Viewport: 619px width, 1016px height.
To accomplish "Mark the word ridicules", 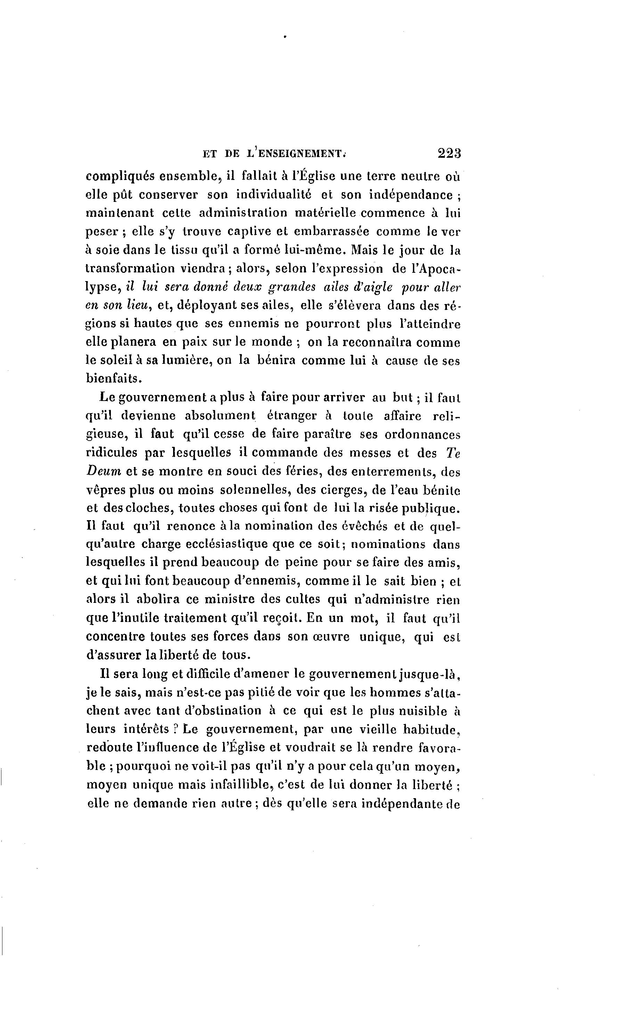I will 111,453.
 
